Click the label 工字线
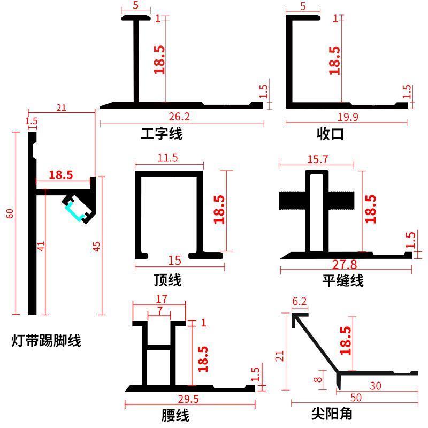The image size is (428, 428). pos(161,133)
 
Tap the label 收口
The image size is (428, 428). pos(330,134)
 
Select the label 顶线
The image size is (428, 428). pos(167,279)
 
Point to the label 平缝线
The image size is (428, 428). pos(343,280)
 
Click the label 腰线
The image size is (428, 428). pos(175,415)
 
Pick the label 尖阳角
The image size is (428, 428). pos(332,413)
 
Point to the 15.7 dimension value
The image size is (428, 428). pos(318,159)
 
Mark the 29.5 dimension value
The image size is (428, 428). pos(188,399)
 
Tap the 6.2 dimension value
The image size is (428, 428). pos(300,302)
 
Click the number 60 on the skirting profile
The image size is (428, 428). pos(10,213)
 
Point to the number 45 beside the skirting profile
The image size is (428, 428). pos(97,246)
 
